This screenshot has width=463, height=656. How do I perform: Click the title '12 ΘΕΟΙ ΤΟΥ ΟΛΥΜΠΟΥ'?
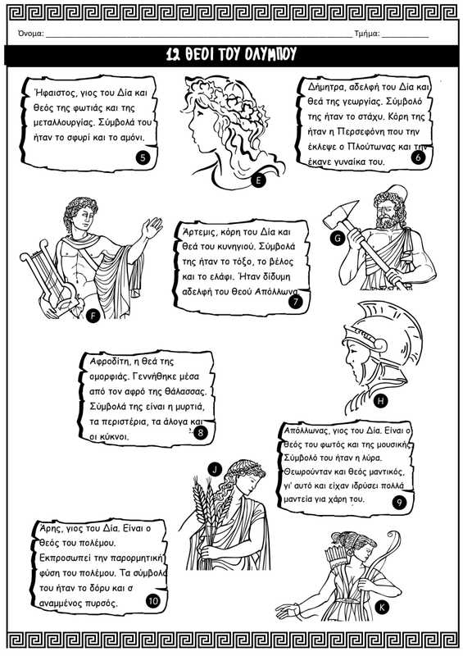click(x=231, y=54)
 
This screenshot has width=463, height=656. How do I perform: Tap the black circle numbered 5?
click(x=143, y=157)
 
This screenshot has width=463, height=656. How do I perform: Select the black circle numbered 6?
click(x=418, y=157)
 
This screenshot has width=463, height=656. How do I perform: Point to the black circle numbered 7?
click(x=295, y=301)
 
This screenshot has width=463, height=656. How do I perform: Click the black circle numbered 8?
click(x=201, y=432)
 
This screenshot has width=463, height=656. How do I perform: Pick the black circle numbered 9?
click(x=399, y=502)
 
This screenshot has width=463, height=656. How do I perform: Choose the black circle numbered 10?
click(x=153, y=601)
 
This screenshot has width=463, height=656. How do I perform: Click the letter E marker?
click(x=258, y=180)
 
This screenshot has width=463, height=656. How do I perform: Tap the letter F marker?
click(x=93, y=316)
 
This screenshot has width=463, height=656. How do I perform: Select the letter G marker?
click(x=337, y=239)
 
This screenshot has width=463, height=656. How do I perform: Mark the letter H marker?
click(x=380, y=401)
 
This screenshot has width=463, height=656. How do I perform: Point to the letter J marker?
click(x=215, y=469)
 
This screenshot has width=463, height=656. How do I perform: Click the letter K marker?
click(x=382, y=607)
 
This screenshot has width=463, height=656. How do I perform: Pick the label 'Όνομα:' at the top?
click(x=31, y=34)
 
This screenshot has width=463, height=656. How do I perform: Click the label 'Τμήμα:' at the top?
click(x=367, y=34)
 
